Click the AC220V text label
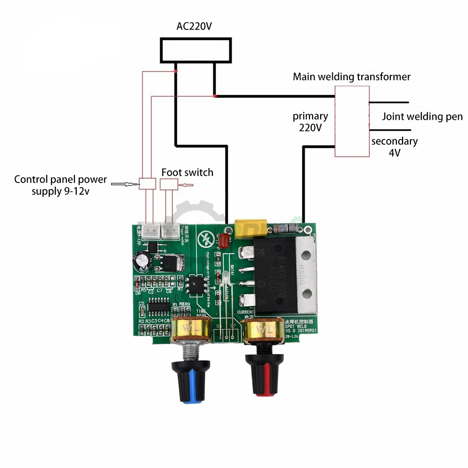pos(194,26)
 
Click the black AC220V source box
pos(196,51)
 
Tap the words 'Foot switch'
pos(187,172)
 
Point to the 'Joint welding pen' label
pos(422,117)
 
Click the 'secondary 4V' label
pos(395,146)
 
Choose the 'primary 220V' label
pos(310,121)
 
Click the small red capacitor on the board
pos(224,241)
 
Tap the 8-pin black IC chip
pos(194,286)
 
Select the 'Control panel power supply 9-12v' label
pos(60,185)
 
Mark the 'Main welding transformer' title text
pos(351,76)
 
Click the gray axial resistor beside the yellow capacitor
pos(285,229)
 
